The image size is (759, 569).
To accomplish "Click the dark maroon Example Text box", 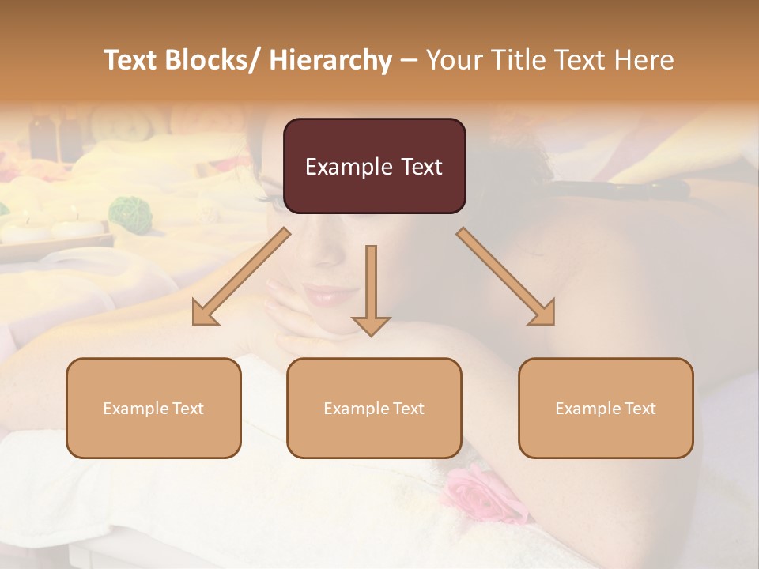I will click(374, 166).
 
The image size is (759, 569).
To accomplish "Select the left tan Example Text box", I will click(153, 408).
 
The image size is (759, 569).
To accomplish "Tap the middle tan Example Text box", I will click(374, 408).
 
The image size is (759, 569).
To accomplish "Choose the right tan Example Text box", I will click(606, 408).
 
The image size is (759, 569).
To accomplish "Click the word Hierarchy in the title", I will click(330, 60).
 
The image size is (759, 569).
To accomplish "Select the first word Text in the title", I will click(131, 60).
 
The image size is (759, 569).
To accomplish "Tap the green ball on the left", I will click(125, 212).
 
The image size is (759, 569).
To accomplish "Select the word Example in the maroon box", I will click(338, 167).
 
